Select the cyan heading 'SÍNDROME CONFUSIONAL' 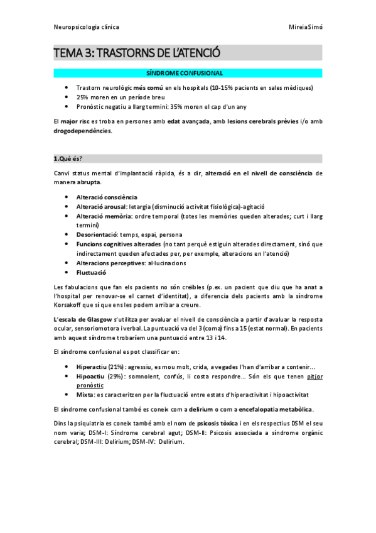[x=188, y=74]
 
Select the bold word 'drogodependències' [x=82, y=131]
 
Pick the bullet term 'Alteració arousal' [x=100, y=206]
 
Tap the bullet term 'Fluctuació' [x=91, y=273]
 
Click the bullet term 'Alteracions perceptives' [x=110, y=263]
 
